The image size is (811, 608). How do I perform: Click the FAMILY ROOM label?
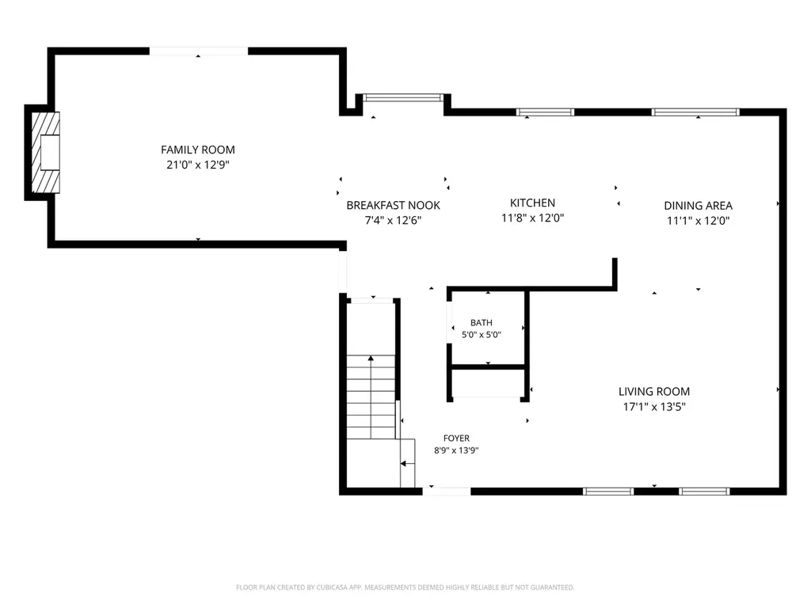(x=197, y=150)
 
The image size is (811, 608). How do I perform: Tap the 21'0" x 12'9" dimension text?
(x=197, y=165)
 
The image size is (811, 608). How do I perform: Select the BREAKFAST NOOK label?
(x=393, y=205)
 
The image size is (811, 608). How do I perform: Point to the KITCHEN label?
(x=532, y=203)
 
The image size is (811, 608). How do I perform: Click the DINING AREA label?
(x=698, y=206)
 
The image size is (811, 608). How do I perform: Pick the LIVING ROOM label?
(x=653, y=391)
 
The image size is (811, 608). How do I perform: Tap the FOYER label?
(x=456, y=438)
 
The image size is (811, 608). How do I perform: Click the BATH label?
(x=481, y=323)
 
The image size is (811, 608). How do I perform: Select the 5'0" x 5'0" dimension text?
(x=481, y=335)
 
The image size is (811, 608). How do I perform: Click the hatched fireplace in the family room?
(x=45, y=153)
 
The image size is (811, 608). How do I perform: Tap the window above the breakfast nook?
(x=403, y=97)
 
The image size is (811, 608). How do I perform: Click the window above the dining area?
(x=695, y=112)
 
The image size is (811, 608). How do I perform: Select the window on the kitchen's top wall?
(x=545, y=112)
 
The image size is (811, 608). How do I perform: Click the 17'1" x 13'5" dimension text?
(x=653, y=407)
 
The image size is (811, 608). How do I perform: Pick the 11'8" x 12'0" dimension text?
(x=532, y=218)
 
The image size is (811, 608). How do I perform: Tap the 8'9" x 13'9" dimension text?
(x=456, y=450)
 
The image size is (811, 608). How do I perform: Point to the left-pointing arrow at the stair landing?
(x=408, y=464)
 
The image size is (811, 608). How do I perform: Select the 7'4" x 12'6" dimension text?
(x=393, y=220)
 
